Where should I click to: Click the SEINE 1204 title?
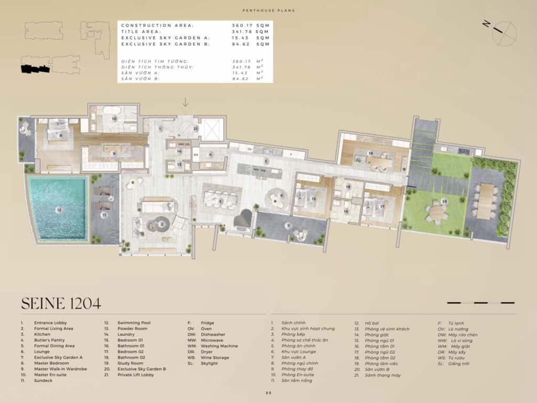[61, 303]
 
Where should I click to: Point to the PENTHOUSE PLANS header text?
[268, 10]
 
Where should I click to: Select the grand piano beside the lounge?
[242, 219]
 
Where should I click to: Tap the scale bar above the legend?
[480, 303]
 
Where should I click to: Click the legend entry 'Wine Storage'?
[215, 357]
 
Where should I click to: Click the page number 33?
[268, 393]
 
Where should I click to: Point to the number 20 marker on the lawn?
[445, 201]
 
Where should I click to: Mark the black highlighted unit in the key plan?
[35, 69]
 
